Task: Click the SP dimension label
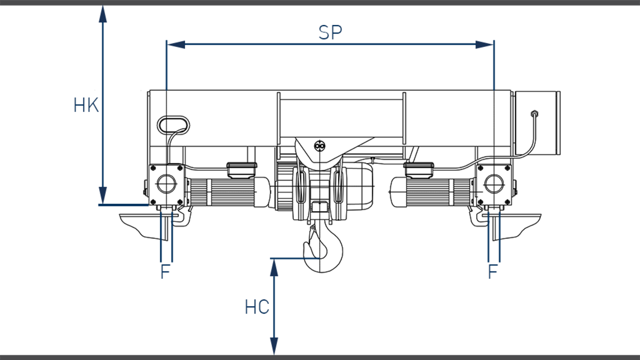(330, 33)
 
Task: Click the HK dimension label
(86, 106)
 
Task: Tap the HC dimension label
(257, 308)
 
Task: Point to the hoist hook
(322, 250)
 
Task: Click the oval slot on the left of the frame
(173, 124)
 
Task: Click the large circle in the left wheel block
(165, 185)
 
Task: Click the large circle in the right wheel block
(493, 184)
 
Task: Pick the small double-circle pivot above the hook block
(319, 146)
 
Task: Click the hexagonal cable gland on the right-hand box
(534, 114)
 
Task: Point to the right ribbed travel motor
(432, 192)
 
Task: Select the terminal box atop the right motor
(420, 170)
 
